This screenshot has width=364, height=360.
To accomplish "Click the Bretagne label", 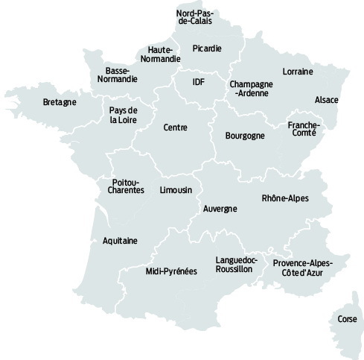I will (60, 102).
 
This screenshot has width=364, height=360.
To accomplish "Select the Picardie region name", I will (206, 48).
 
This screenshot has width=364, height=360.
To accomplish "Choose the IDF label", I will (198, 81).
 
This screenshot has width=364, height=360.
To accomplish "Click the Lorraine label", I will (298, 72).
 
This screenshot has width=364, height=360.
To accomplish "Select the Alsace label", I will (327, 99).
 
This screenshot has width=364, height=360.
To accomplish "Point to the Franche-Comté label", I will (303, 128).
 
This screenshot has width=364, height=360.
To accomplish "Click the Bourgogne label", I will (245, 136).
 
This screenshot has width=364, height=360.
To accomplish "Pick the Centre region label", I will (176, 127).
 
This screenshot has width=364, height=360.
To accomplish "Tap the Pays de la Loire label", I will (124, 116).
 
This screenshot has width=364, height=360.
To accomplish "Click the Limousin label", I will (176, 190).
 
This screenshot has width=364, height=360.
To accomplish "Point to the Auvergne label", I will (220, 209).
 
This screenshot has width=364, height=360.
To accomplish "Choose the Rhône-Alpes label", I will (285, 198).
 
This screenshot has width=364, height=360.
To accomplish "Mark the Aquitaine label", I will (120, 241).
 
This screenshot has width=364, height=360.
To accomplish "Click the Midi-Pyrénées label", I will (170, 271).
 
